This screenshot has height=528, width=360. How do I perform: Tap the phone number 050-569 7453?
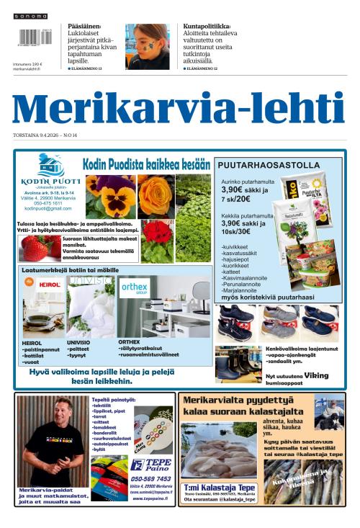coord(150,478)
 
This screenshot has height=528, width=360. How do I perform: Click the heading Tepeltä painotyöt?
coord(116,399)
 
